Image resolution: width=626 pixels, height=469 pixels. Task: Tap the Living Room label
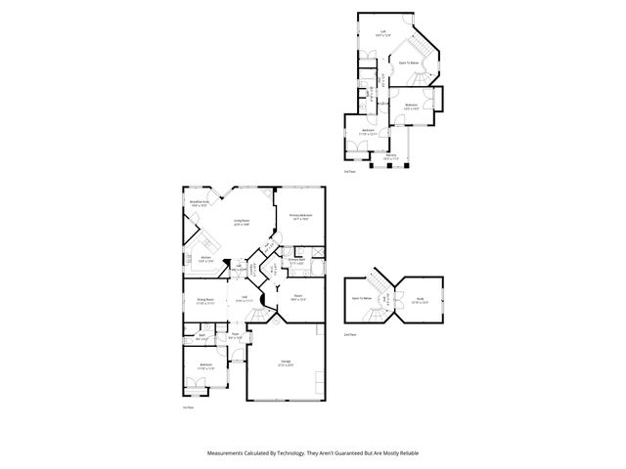click(x=241, y=222)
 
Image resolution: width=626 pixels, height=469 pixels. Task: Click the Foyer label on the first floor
click(x=235, y=338)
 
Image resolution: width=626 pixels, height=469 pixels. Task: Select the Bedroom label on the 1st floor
click(x=206, y=368)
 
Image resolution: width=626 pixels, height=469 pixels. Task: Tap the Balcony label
click(x=390, y=156)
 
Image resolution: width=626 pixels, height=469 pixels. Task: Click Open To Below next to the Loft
click(x=409, y=63)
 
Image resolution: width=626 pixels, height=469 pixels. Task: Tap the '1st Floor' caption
click(x=188, y=407)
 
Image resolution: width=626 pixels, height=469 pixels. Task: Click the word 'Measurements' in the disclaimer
click(x=227, y=453)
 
